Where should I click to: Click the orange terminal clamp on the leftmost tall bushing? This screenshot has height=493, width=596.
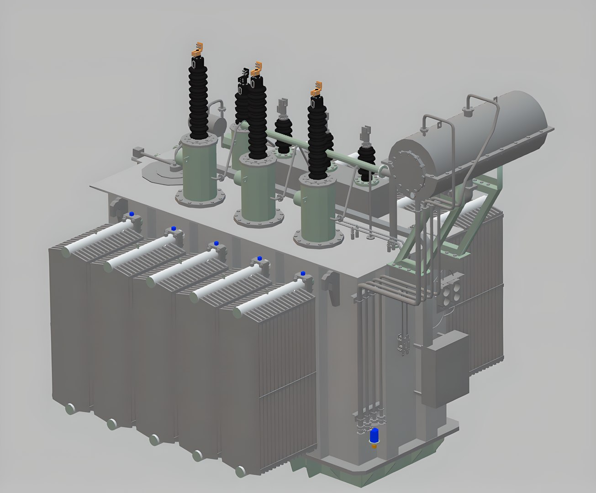coord(197,49)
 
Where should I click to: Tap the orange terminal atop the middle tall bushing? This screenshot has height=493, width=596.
coord(256,68)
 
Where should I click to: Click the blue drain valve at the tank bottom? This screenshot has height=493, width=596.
coord(374,435)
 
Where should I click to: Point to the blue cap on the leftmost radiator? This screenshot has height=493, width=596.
coord(132,214)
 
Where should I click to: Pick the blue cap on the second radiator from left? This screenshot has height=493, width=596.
coord(174,228)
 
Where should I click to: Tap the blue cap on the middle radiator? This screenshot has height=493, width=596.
coord(216,243)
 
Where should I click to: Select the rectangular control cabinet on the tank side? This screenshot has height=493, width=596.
coord(445,370)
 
